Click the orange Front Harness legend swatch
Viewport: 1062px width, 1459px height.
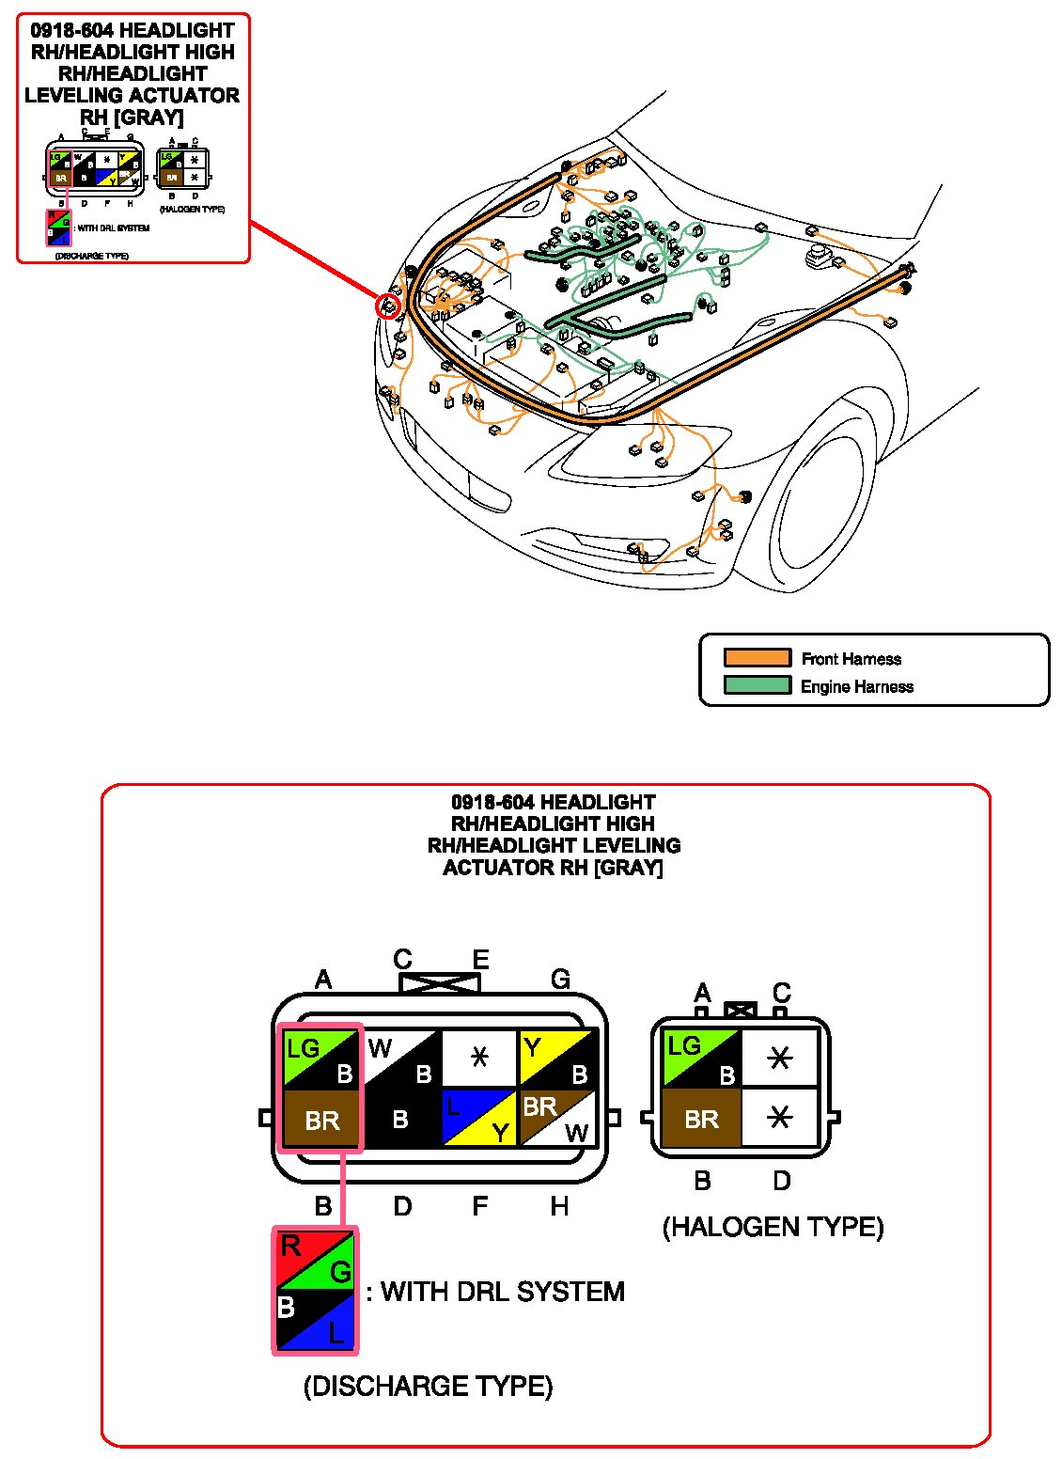[757, 658]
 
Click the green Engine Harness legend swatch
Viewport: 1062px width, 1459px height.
[757, 685]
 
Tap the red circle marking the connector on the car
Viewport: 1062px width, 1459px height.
[387, 305]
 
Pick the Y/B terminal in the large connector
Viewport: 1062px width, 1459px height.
[558, 1059]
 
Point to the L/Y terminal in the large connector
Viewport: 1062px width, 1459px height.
[479, 1118]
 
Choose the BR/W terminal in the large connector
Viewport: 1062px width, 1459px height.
[558, 1118]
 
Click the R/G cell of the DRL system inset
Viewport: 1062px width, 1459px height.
[315, 1260]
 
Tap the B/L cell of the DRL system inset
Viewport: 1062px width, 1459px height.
[315, 1321]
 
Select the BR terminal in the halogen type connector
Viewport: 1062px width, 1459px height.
[702, 1119]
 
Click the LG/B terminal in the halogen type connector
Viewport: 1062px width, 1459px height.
[702, 1059]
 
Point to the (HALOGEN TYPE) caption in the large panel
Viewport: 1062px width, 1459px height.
[773, 1227]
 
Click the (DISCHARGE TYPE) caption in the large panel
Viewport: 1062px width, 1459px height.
[428, 1386]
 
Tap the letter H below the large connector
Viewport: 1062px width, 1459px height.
[559, 1206]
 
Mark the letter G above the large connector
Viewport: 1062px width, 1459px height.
[560, 980]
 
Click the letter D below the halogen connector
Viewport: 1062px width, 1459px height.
[781, 1181]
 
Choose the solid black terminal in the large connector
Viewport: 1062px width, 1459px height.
[401, 1119]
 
